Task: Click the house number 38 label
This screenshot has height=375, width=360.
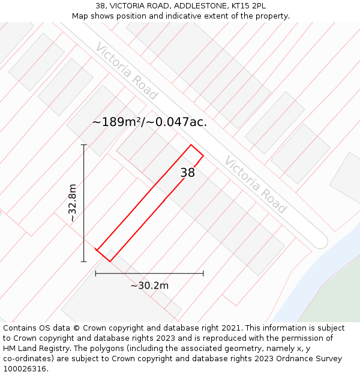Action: (188, 173)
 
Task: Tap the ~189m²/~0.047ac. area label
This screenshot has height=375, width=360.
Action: (149, 122)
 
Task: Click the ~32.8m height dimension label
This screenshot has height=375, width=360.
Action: (73, 203)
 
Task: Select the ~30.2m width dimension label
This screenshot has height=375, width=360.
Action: (149, 286)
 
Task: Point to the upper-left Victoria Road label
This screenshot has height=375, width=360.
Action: (127, 71)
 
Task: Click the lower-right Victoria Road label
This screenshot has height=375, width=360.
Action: (255, 184)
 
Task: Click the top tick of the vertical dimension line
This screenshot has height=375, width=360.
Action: (84, 145)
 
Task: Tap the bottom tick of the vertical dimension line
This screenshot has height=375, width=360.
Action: (84, 262)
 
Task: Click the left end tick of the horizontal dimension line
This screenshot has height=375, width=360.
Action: (95, 274)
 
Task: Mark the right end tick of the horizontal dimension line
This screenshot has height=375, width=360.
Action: (203, 274)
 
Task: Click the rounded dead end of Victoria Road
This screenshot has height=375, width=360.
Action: (320, 241)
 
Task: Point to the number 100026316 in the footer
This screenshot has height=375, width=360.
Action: (24, 369)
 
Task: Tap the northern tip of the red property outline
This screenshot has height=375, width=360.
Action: (191, 145)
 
